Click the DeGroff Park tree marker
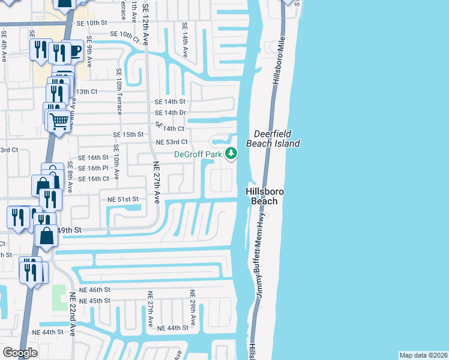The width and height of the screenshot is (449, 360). [231, 154]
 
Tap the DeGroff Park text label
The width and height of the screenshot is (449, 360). [199, 154]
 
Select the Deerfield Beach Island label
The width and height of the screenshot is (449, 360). [277, 138]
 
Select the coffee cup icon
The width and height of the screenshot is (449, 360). [74, 51]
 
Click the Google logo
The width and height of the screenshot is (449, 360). [20, 353]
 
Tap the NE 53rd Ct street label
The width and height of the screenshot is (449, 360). [172, 142]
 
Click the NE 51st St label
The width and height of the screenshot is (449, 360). [123, 199]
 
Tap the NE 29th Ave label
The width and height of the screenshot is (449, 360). [193, 308]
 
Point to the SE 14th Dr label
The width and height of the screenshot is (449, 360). [170, 113]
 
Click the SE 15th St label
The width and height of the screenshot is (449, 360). [133, 134]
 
